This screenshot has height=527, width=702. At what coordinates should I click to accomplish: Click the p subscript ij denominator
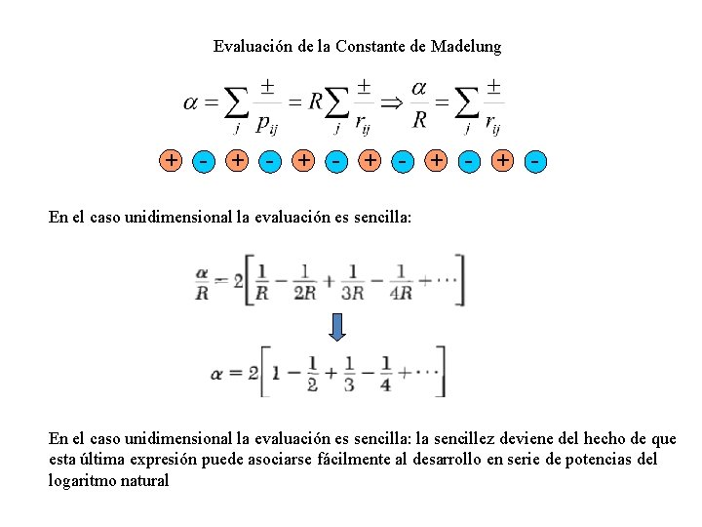pos(266,123)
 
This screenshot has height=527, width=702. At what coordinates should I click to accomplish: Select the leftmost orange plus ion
pos(172,160)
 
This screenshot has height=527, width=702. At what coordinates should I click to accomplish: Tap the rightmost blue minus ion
pos(535,160)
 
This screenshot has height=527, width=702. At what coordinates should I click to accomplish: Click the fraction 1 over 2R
pos(304,281)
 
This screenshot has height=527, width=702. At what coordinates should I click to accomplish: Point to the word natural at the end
pos(144,480)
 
